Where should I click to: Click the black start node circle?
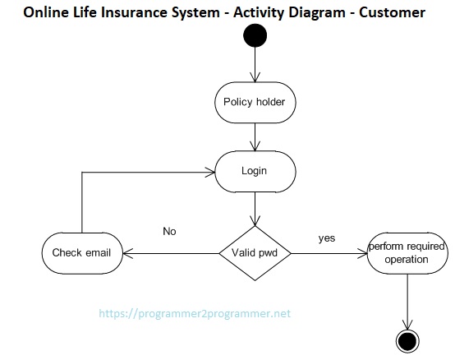255,35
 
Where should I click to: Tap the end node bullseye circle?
407,341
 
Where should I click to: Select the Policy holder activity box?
255,102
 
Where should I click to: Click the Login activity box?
255,171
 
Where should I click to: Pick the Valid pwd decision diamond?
255,253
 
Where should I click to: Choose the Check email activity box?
82,253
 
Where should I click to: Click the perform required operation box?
407,253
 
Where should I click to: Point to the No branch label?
169,232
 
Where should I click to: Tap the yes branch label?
327,238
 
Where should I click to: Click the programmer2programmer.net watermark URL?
195,314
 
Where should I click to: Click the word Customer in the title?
392,13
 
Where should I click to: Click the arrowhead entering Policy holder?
255,77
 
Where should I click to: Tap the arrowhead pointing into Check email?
127,253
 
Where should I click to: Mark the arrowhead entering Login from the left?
209,172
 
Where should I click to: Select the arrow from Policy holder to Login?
255,137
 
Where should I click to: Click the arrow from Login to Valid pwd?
255,209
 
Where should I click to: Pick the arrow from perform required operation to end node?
407,302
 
